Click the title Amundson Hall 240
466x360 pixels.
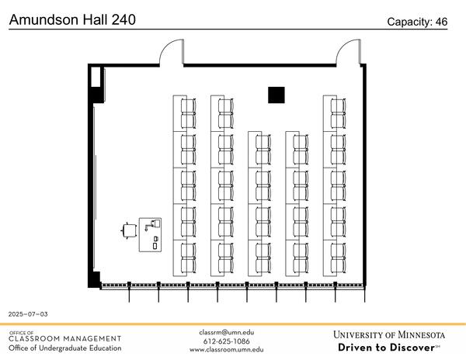tap(71, 19)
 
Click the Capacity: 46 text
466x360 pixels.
tap(417, 22)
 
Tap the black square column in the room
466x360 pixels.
tap(276, 95)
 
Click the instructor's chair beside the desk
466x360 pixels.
tap(129, 230)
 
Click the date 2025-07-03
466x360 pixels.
tap(28, 314)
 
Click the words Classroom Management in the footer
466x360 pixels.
tap(65, 338)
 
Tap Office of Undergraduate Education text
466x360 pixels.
tap(65, 348)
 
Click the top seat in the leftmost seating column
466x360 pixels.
tap(187, 104)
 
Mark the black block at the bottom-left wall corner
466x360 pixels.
tap(96, 279)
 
